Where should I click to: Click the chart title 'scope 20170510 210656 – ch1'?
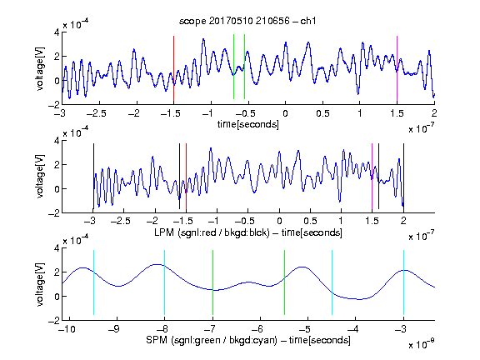247,21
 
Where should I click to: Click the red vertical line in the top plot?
173,68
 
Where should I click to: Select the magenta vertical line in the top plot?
397,68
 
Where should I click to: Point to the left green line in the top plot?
233,67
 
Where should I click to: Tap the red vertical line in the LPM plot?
186,176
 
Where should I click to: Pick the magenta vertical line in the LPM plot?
372,176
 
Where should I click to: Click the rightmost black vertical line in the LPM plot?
403,176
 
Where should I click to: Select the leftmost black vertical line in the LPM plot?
93,176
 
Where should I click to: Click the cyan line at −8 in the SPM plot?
164,282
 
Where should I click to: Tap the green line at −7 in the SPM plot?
212,282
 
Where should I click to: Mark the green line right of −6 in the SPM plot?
284,282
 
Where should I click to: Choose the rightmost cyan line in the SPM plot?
403,282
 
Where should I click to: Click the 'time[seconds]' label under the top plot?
248,124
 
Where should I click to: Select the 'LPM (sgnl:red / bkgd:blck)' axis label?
212,232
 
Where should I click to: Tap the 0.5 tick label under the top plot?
322,113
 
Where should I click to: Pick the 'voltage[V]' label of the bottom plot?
40,284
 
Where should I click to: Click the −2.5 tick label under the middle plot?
121,221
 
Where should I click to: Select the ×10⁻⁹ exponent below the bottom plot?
421,344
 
